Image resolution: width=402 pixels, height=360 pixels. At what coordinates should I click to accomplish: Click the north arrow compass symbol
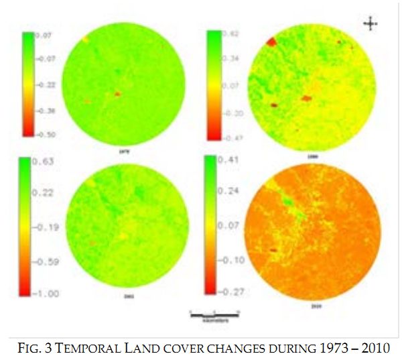click(x=371, y=23)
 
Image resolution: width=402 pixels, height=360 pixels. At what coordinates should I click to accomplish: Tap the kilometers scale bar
click(x=214, y=314)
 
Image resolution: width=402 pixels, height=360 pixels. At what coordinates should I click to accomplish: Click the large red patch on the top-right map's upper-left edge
click(x=271, y=42)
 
